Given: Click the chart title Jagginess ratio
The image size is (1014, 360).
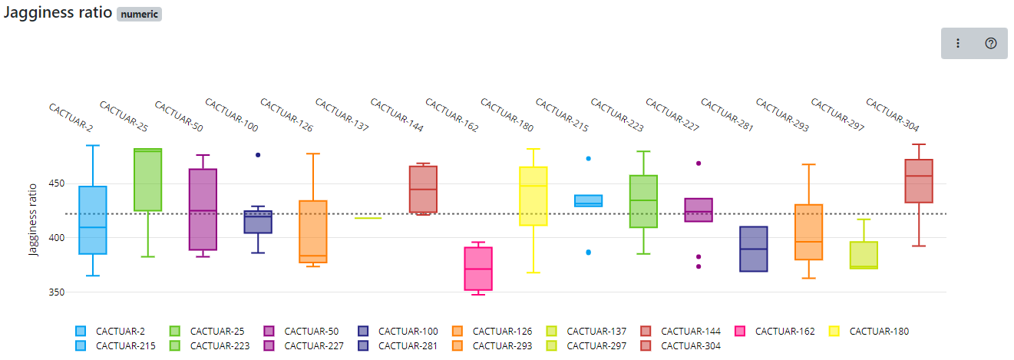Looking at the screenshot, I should pyautogui.click(x=58, y=13).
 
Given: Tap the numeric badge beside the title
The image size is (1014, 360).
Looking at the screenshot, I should pyautogui.click(x=139, y=15).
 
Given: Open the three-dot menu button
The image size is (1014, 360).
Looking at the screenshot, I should pyautogui.click(x=957, y=44).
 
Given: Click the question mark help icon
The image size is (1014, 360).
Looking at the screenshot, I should pyautogui.click(x=990, y=44).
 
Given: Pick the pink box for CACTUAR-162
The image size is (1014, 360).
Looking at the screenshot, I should pyautogui.click(x=478, y=269).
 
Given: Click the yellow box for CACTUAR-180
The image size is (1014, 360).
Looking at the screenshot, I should pyautogui.click(x=533, y=197).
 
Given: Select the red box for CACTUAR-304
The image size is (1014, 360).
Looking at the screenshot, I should pyautogui.click(x=919, y=181).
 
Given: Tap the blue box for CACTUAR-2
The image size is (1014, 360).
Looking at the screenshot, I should pyautogui.click(x=93, y=220).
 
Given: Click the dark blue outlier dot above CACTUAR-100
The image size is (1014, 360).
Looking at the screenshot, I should pyautogui.click(x=258, y=155).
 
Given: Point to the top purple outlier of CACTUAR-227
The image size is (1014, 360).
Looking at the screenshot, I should pyautogui.click(x=699, y=163).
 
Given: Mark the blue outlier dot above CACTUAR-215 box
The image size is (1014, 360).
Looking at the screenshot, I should pyautogui.click(x=589, y=158).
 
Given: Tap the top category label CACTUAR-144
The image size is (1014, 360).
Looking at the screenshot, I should pyautogui.click(x=398, y=116).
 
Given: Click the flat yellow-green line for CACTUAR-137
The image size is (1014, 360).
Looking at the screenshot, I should pyautogui.click(x=368, y=218).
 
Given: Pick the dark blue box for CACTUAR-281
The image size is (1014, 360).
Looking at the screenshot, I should pyautogui.click(x=754, y=249).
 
